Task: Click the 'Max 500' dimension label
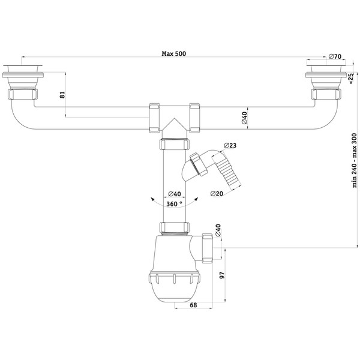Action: (x=174, y=54)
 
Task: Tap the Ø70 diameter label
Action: (x=335, y=56)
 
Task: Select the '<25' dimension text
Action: (x=350, y=79)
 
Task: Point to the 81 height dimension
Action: (x=62, y=95)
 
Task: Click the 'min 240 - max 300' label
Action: (x=355, y=160)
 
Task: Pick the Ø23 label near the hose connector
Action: (x=230, y=145)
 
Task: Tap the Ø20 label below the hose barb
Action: (x=217, y=194)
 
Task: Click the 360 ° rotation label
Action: (x=174, y=203)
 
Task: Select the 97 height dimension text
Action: (x=222, y=275)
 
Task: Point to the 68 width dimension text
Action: (x=193, y=305)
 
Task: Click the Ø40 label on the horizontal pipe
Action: (x=244, y=118)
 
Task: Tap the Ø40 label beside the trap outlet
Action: (x=218, y=230)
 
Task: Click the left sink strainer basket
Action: (x=23, y=78)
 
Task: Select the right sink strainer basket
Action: (x=326, y=78)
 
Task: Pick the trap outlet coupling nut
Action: (x=208, y=248)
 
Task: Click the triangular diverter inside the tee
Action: (x=175, y=125)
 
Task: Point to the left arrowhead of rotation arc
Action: (x=152, y=199)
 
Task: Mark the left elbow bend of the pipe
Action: (x=20, y=115)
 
